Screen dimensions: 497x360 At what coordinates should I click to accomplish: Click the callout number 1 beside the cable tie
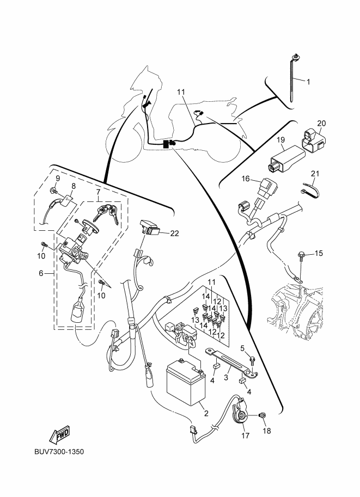pos(308,82)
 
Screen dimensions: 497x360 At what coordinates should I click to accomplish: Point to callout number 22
pos(174,233)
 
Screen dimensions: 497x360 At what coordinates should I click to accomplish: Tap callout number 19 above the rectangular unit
pos(281,140)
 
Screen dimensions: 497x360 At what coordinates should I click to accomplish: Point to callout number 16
pos(246,178)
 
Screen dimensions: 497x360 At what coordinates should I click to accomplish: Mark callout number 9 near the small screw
pos(57,178)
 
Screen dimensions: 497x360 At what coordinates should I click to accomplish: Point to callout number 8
pos(74,186)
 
